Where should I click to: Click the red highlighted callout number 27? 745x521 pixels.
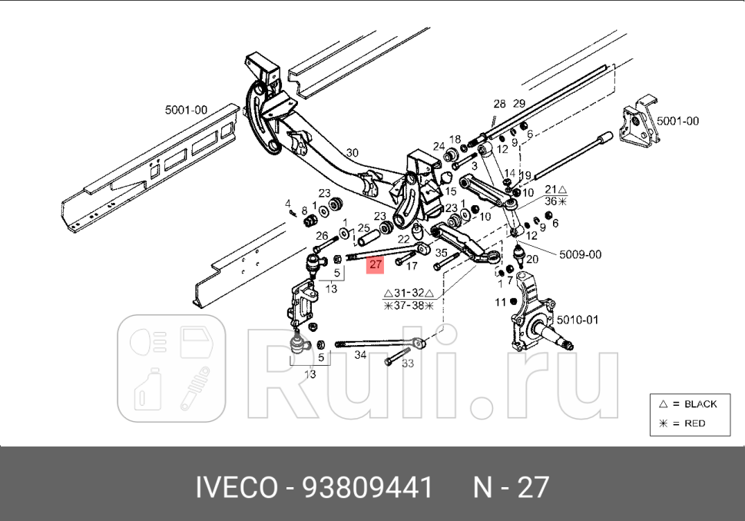pos(375,266)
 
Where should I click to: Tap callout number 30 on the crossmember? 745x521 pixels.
pos(353,152)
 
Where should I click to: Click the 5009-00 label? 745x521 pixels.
pos(581,254)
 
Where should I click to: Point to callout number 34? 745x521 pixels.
pos(360,355)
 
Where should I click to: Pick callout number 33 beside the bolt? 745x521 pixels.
pos(408,363)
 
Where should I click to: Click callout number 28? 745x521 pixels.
pos(499,104)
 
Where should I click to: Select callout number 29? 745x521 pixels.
pos(518,104)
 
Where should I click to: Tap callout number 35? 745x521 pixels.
pos(441,251)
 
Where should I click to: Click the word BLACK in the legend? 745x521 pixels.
pos(700,403)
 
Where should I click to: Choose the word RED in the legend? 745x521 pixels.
pos(694,423)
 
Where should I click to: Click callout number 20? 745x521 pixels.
pos(532,259)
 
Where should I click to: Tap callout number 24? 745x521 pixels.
pos(439,146)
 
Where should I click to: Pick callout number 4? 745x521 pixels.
pos(288,204)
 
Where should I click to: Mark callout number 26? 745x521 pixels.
pos(322,236)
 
